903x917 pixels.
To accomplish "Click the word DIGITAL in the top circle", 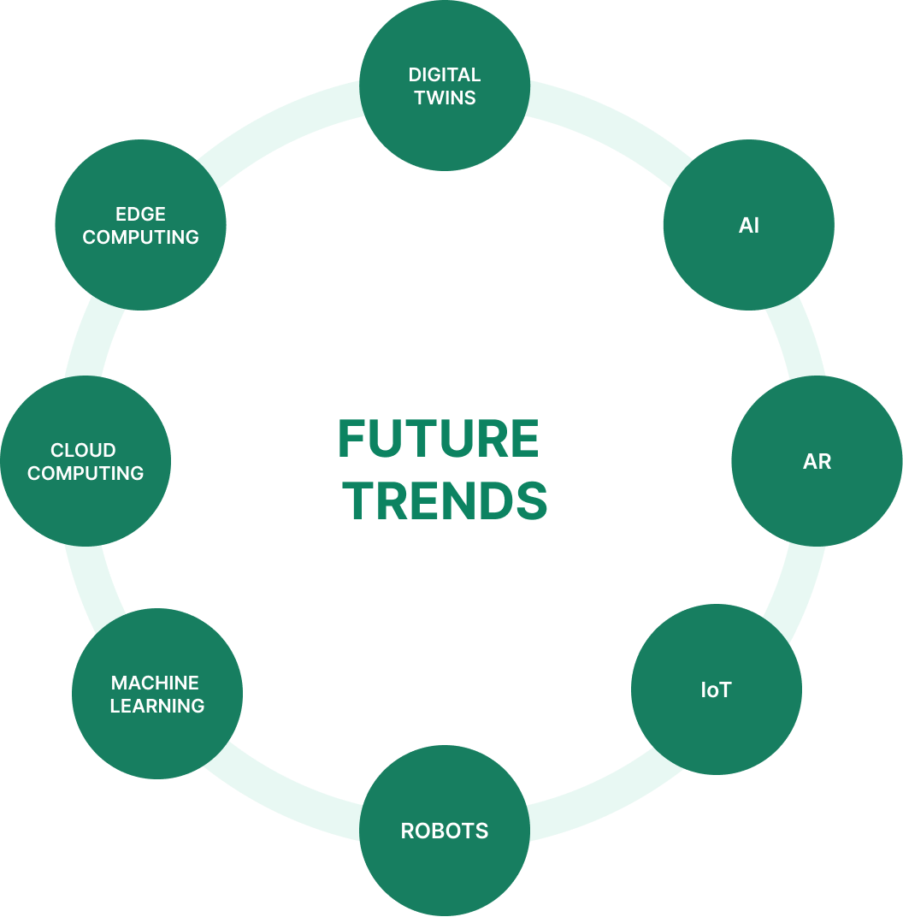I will point(444,75).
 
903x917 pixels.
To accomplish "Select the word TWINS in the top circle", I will point(445,98).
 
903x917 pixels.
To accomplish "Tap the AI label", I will point(749,226).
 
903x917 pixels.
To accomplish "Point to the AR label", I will point(817,462).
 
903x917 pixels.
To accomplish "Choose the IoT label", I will point(716,690).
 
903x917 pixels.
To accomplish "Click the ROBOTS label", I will point(445,831).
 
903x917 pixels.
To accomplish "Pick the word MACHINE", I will point(155,683).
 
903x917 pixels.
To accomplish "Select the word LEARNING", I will point(157,706).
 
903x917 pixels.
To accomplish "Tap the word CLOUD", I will point(83,450).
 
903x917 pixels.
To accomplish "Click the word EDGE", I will point(141,214).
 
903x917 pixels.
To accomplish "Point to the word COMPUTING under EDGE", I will point(141,237).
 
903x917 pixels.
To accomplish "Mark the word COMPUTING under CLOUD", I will point(86,473).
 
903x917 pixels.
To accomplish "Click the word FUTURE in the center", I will point(439,438).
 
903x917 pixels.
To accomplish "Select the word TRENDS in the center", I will point(448,501).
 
